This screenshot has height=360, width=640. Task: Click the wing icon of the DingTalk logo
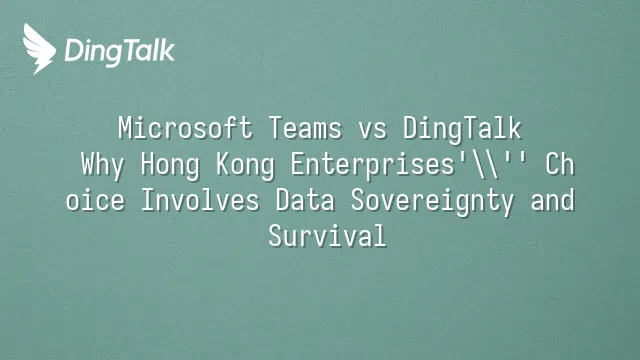tap(39, 49)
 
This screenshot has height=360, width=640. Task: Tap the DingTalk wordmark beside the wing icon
tap(120, 51)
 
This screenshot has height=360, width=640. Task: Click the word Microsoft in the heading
tap(185, 128)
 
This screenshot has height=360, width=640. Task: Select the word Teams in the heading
tap(305, 128)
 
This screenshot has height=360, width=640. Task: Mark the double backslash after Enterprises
tap(484, 165)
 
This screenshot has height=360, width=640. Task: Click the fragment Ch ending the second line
tap(560, 164)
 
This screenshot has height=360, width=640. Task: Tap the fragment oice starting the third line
tap(95, 200)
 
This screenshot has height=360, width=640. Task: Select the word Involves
tap(200, 200)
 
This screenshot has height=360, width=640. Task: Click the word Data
tap(305, 200)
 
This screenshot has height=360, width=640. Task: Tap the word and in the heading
tap(553, 200)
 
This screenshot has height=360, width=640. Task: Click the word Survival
tap(327, 236)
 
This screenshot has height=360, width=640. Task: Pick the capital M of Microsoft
tap(125, 128)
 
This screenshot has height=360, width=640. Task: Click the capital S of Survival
tap(275, 236)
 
